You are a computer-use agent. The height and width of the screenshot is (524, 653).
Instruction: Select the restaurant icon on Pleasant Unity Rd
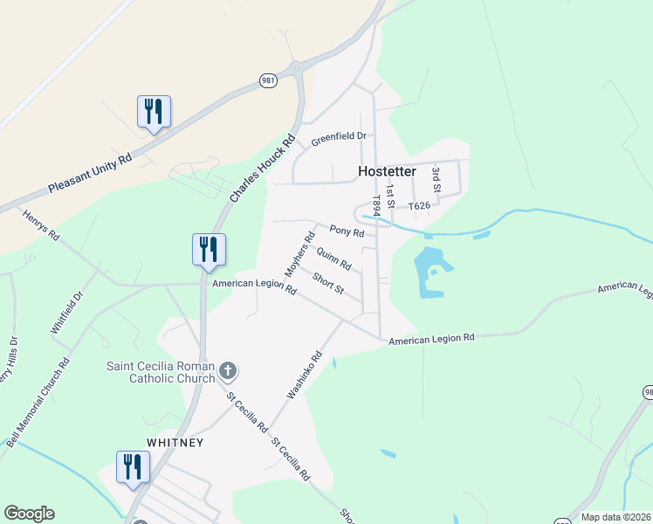(154, 112)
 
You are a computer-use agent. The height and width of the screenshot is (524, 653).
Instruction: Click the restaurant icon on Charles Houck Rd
(209, 250)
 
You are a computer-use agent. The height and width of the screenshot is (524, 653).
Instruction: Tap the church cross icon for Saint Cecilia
(227, 371)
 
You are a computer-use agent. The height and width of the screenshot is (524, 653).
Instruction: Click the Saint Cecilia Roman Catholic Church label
(161, 372)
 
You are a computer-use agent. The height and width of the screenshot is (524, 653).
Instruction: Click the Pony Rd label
(347, 231)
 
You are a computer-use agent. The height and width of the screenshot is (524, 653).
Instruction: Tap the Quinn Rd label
(333, 259)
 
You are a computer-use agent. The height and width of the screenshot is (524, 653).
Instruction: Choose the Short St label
(328, 283)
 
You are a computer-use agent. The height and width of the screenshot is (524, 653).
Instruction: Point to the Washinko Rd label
(305, 376)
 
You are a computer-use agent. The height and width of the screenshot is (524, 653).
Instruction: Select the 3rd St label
(436, 179)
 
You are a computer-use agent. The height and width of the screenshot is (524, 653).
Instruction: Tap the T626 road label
(419, 206)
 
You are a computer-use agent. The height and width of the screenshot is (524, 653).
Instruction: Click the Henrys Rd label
(40, 224)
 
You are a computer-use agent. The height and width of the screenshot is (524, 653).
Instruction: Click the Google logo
(29, 514)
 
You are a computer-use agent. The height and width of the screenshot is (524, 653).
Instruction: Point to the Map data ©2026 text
(615, 517)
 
